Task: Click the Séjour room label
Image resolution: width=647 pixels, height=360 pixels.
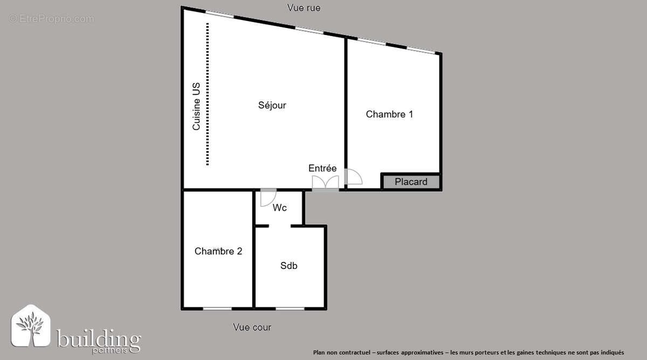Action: click(272, 106)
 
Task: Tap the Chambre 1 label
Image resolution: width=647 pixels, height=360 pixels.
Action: click(389, 114)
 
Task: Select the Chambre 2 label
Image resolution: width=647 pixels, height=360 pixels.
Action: click(218, 251)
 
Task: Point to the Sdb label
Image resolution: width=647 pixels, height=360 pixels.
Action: click(289, 266)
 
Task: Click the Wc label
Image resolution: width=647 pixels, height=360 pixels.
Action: click(279, 208)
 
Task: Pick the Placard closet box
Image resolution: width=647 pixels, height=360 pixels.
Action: click(411, 182)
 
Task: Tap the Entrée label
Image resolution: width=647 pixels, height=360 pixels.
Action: click(322, 168)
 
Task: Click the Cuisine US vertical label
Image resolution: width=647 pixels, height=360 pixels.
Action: click(197, 106)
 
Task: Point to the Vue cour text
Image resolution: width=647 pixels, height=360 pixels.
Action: click(252, 327)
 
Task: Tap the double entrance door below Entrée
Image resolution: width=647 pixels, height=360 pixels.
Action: click(326, 183)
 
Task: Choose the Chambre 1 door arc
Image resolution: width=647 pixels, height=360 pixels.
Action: click(353, 178)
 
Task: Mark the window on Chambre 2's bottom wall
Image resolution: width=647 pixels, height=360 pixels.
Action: click(217, 308)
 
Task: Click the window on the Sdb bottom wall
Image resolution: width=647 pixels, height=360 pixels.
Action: click(290, 308)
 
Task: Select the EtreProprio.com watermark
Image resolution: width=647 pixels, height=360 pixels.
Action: click(52, 19)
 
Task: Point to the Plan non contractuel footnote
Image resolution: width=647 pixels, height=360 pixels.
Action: click(468, 352)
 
